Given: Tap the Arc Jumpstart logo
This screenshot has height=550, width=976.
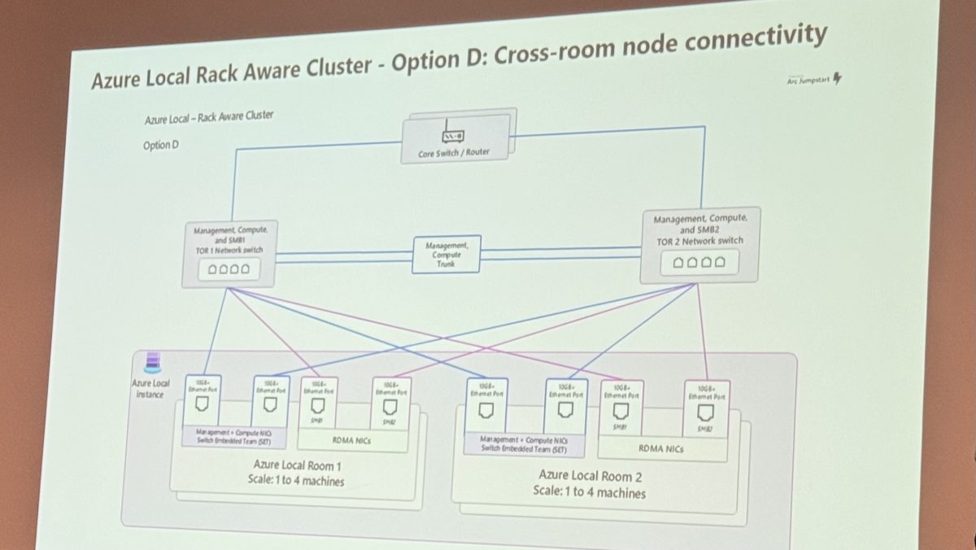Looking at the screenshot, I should (x=814, y=79).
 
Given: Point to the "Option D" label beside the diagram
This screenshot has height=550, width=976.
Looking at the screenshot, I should (x=159, y=146).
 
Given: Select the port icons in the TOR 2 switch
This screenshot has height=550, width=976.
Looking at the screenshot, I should (x=695, y=263).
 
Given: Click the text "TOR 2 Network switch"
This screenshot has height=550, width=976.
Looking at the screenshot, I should (x=699, y=240).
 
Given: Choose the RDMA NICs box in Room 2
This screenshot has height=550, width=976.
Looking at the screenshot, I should (x=661, y=447).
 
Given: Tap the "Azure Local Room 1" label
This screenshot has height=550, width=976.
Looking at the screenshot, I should (x=297, y=465).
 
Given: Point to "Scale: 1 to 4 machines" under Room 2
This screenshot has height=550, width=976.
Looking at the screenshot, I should (x=589, y=492).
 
